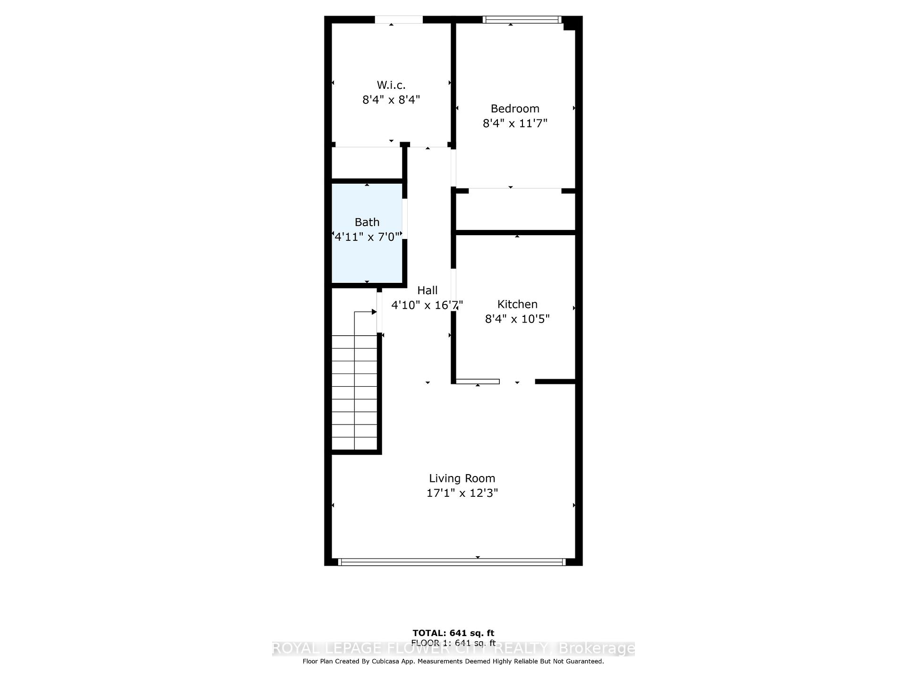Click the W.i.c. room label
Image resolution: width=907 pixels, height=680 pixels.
pyautogui.click(x=391, y=85)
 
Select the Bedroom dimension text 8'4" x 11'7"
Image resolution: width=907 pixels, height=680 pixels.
pyautogui.click(x=514, y=123)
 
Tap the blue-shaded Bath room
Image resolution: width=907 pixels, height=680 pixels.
pyautogui.click(x=367, y=260)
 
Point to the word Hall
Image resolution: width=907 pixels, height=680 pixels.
pyautogui.click(x=427, y=290)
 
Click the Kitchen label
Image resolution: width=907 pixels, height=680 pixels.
pyautogui.click(x=517, y=304)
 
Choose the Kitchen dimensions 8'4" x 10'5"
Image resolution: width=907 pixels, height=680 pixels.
pyautogui.click(x=517, y=319)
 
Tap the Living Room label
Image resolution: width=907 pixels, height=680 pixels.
pyautogui.click(x=462, y=478)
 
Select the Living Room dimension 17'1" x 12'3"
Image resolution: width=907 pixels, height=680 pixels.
pyautogui.click(x=462, y=493)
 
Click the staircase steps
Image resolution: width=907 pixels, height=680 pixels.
pyautogui.click(x=354, y=392)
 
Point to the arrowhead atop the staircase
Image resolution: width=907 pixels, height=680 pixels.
pyautogui.click(x=374, y=312)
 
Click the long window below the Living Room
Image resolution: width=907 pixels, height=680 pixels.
pyautogui.click(x=452, y=562)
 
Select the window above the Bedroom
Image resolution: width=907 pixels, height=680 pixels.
pyautogui.click(x=522, y=19)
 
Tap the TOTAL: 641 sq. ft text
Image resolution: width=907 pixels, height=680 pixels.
pyautogui.click(x=453, y=633)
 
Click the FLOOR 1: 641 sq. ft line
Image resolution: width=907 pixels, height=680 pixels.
pyautogui.click(x=453, y=643)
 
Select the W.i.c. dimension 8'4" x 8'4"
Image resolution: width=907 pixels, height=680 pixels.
pyautogui.click(x=391, y=100)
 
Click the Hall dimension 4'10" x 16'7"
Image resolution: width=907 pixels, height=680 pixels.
pyautogui.click(x=427, y=305)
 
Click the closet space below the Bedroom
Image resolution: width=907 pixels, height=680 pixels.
pyautogui.click(x=515, y=211)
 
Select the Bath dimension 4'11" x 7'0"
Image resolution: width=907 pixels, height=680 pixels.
pyautogui.click(x=367, y=237)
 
